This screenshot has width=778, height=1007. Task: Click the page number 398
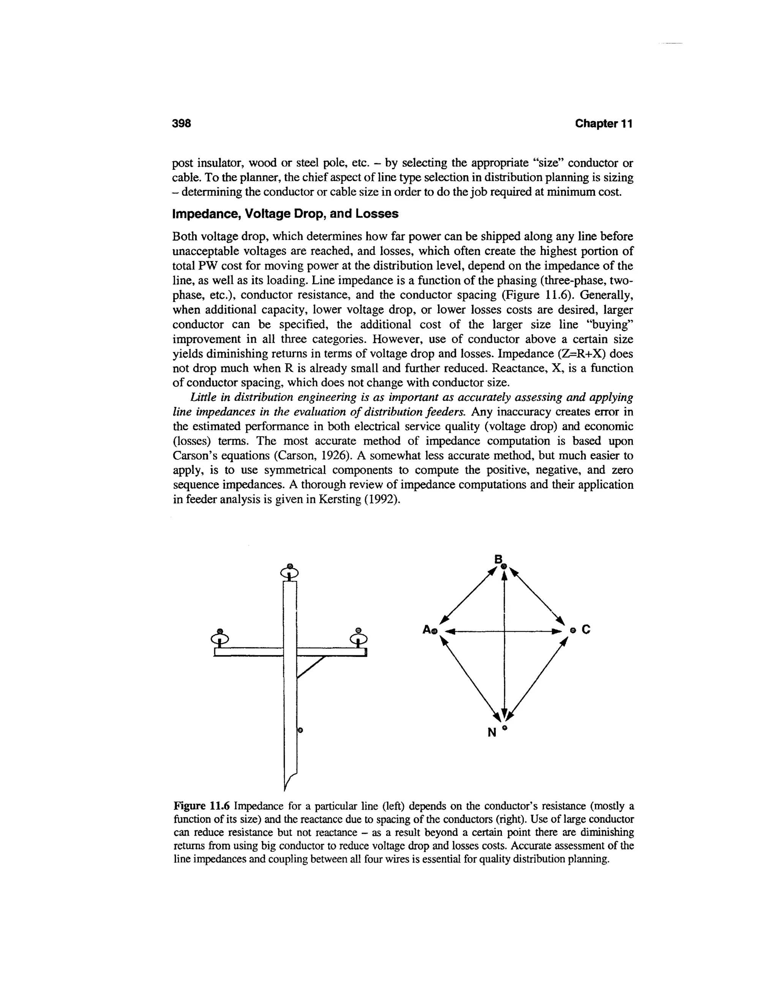pyautogui.click(x=181, y=123)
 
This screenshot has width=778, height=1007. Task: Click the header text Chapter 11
pyautogui.click(x=603, y=123)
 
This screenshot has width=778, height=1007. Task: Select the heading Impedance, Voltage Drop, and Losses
pyautogui.click(x=285, y=214)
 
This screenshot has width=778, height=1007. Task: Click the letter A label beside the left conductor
pyautogui.click(x=427, y=629)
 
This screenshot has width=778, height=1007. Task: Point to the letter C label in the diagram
pyautogui.click(x=586, y=629)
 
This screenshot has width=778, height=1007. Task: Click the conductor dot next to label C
pyautogui.click(x=573, y=630)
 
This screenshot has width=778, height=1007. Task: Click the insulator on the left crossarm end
pyautogui.click(x=220, y=638)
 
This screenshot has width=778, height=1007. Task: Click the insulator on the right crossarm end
pyautogui.click(x=358, y=638)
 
